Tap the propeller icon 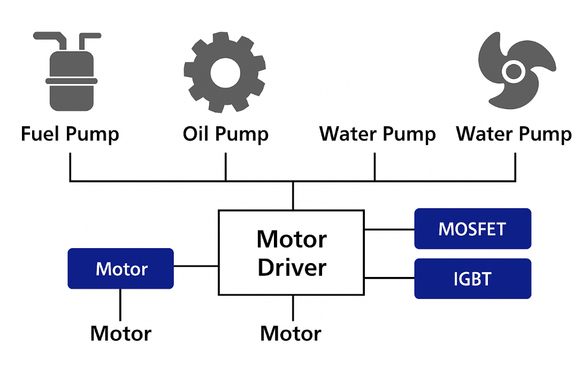coord(515,71)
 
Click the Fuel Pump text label coord(70,134)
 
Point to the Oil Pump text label coord(225,134)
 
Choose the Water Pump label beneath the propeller coord(514,134)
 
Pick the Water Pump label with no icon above coord(377,134)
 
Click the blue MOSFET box coord(472,229)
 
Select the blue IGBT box coord(472,279)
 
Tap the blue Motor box coord(121,268)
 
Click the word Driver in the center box coord(292,267)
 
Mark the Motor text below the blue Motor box coord(121,334)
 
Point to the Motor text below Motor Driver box coord(290,334)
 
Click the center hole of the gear coord(224,72)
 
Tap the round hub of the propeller coord(514,70)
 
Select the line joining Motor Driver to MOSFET coord(389,229)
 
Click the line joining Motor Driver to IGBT coord(389,277)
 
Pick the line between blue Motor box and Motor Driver coord(196,266)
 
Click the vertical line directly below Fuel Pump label coord(70,167)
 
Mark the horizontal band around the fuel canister coord(71,81)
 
